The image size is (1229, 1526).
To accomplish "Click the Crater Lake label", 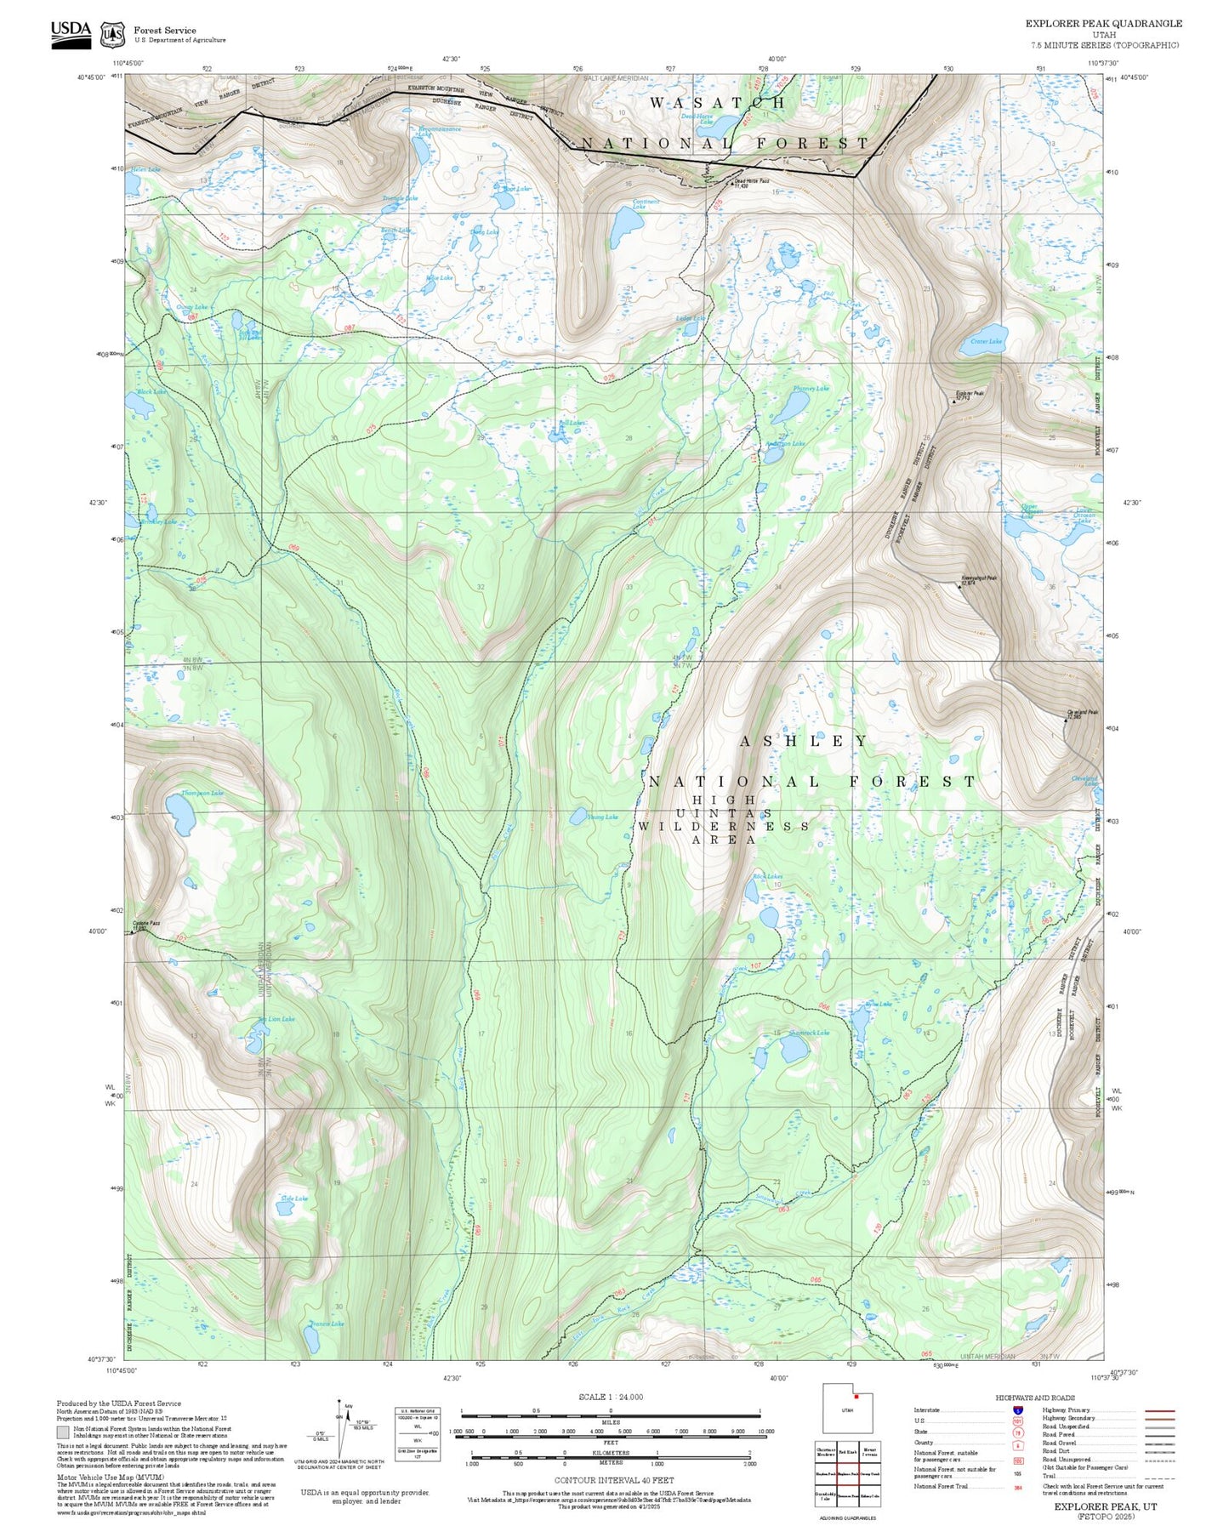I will pos(986,341).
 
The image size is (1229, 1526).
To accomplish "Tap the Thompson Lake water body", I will pos(179,814).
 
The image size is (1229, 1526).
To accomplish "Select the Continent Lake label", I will pos(646,204).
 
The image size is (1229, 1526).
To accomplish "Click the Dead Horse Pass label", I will pos(752,182).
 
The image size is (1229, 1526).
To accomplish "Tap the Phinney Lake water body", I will pos(790,408).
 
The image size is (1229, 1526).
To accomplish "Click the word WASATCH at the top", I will pos(718,103).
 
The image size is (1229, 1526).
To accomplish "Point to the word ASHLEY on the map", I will pos(804,741).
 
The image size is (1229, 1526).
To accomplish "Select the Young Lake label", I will pos(602,817).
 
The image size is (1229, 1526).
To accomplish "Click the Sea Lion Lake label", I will pos(276,1019).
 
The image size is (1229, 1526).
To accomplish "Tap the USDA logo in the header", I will pos(71,34).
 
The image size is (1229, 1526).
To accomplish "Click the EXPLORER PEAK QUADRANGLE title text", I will pos(1103,24).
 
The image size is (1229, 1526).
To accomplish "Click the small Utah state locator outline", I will pos(846,1409).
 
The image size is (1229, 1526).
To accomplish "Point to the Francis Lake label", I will pos(327,1324).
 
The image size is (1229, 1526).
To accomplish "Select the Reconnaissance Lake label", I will pos(439,131).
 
